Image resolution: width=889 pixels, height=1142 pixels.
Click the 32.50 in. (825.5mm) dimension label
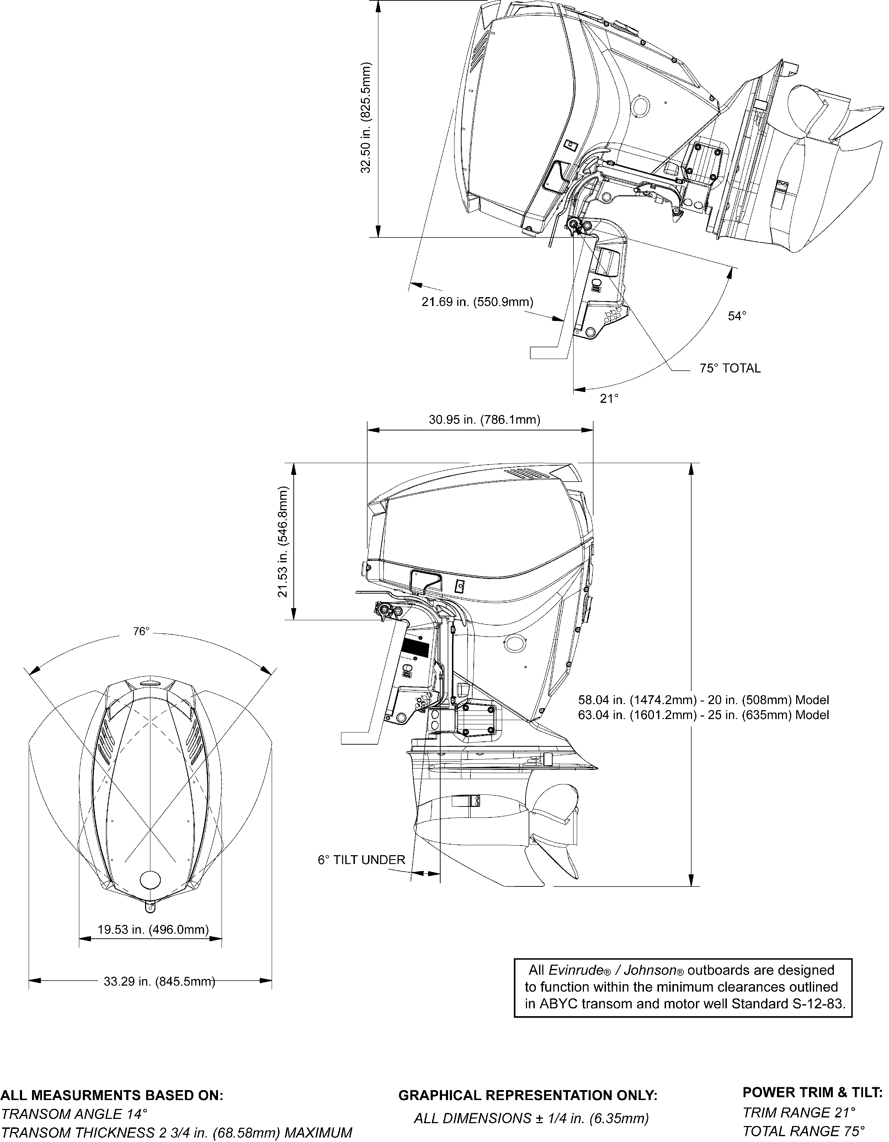pos(366,118)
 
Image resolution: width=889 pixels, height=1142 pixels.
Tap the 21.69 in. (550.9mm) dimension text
pos(478,302)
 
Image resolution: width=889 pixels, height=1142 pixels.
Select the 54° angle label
pos(737,316)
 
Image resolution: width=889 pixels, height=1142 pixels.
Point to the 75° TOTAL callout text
pos(730,368)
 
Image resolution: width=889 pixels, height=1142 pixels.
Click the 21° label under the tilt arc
pos(609,398)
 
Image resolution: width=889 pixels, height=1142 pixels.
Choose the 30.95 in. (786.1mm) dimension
pos(485,419)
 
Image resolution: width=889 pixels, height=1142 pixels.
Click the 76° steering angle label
pos(141,631)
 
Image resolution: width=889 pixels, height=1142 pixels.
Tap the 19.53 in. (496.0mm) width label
pos(153,929)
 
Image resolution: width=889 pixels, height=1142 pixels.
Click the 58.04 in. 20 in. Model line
pos(704,699)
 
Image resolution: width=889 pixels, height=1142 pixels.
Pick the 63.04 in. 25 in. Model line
pos(704,714)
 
